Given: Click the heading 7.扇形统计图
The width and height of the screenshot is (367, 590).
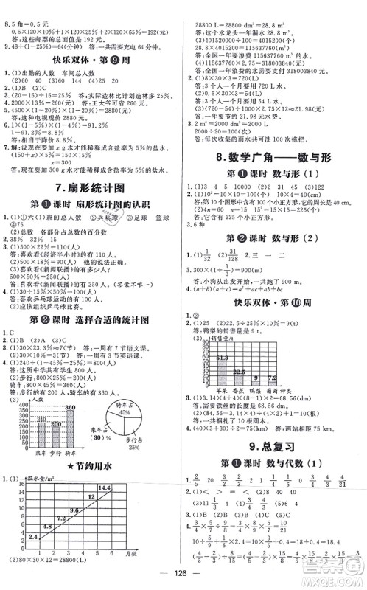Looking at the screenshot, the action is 91,188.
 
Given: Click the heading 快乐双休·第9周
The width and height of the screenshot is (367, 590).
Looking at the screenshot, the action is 90,62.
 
